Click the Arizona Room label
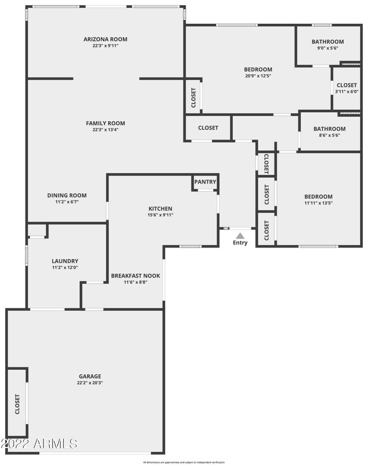tap(105, 39)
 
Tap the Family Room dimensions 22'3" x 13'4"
tap(105, 130)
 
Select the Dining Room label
tap(67, 195)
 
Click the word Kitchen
tap(160, 208)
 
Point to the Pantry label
tap(205, 182)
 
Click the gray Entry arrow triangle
tap(240, 235)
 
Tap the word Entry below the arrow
tap(240, 243)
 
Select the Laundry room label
tap(65, 261)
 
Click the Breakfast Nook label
tap(135, 276)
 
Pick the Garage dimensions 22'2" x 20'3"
tap(90, 383)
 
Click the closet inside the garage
tap(17, 403)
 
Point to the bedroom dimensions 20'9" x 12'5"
tap(258, 76)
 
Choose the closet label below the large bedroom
tap(208, 128)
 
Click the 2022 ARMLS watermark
tap(39, 442)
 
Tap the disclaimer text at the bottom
tap(183, 462)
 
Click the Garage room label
tap(90, 376)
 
